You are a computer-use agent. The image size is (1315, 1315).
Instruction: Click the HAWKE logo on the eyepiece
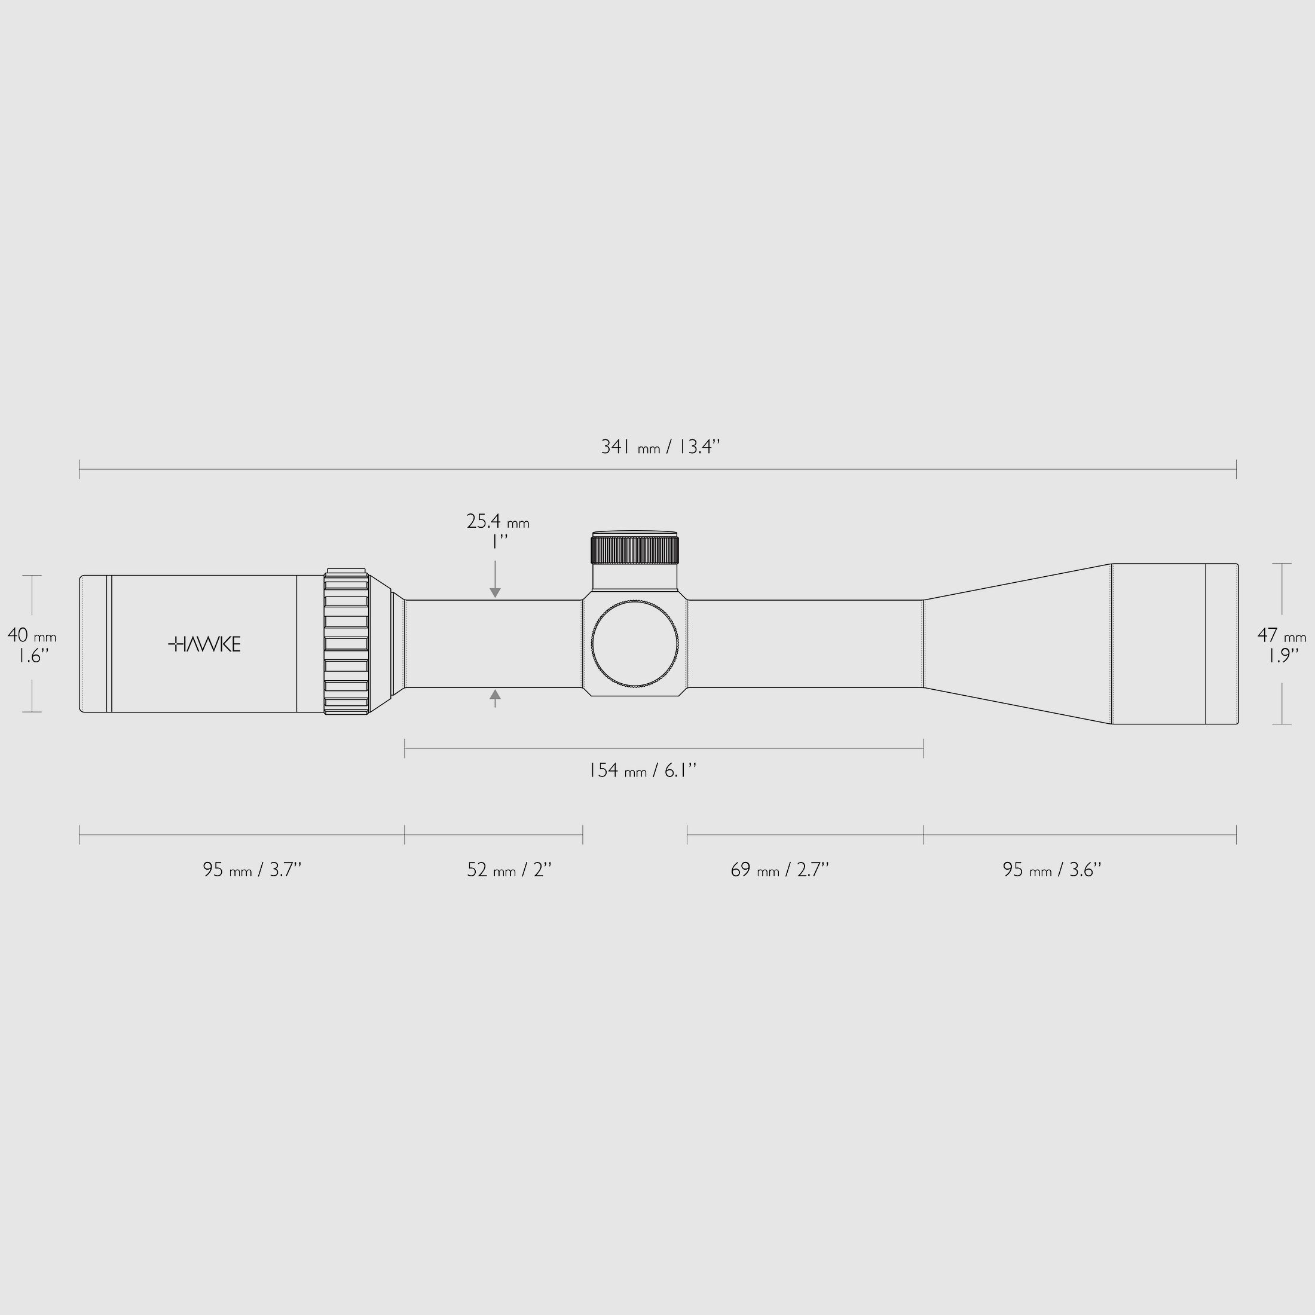coord(204,644)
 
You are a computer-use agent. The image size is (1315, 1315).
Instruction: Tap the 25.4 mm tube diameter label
coord(497,522)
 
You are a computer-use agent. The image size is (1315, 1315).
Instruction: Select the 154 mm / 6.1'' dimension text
coord(642,770)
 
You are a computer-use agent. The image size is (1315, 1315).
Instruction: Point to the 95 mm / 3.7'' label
coord(252,870)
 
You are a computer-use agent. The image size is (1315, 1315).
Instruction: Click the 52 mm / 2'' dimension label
coord(509,870)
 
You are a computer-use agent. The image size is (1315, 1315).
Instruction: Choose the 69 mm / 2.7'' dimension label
coord(779,870)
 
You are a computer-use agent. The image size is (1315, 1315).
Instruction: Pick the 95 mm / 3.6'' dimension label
coord(1051,870)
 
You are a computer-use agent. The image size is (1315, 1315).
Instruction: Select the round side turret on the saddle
coord(634,644)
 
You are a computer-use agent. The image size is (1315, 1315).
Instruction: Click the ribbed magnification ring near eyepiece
coord(347,641)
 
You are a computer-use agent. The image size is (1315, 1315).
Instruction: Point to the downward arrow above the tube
coord(495,591)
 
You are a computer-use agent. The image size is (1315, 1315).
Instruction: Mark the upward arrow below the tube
coord(495,696)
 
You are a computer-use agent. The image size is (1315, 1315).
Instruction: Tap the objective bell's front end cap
coord(1221,644)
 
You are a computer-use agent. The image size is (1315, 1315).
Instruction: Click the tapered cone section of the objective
coord(1017,644)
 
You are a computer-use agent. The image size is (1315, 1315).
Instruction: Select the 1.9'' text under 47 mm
coord(1282,656)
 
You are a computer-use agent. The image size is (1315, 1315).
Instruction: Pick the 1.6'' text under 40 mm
coord(30,656)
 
